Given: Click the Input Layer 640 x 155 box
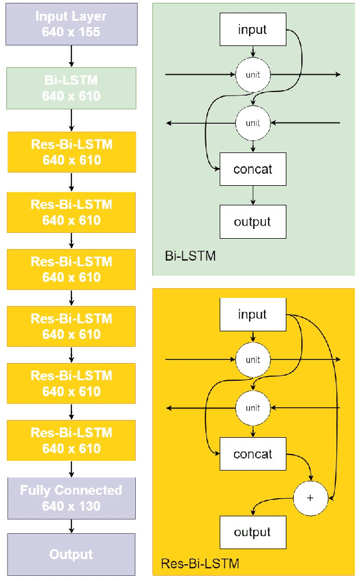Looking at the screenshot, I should click(71, 25).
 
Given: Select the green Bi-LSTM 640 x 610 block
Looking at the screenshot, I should click(71, 89).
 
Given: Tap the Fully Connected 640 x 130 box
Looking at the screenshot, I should click(71, 498).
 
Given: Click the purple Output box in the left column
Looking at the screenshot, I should click(71, 555).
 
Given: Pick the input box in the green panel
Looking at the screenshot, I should click(252, 29).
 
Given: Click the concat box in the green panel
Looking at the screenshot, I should click(252, 169).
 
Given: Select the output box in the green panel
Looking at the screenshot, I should click(252, 221).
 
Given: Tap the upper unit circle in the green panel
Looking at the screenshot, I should click(252, 75).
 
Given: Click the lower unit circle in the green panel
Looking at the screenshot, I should click(252, 123).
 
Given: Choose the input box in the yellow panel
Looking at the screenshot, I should click(252, 315).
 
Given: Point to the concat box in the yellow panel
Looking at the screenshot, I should click(252, 454).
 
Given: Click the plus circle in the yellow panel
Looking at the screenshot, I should click(311, 498).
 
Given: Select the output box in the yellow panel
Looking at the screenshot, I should click(252, 532).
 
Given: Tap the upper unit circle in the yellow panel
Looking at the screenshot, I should click(252, 360).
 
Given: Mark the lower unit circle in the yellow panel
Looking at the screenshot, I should click(252, 408).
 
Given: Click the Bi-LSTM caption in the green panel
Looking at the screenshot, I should click(190, 256).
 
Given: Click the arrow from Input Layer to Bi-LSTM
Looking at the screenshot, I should click(71, 56).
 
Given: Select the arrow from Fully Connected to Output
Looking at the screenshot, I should click(71, 526).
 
